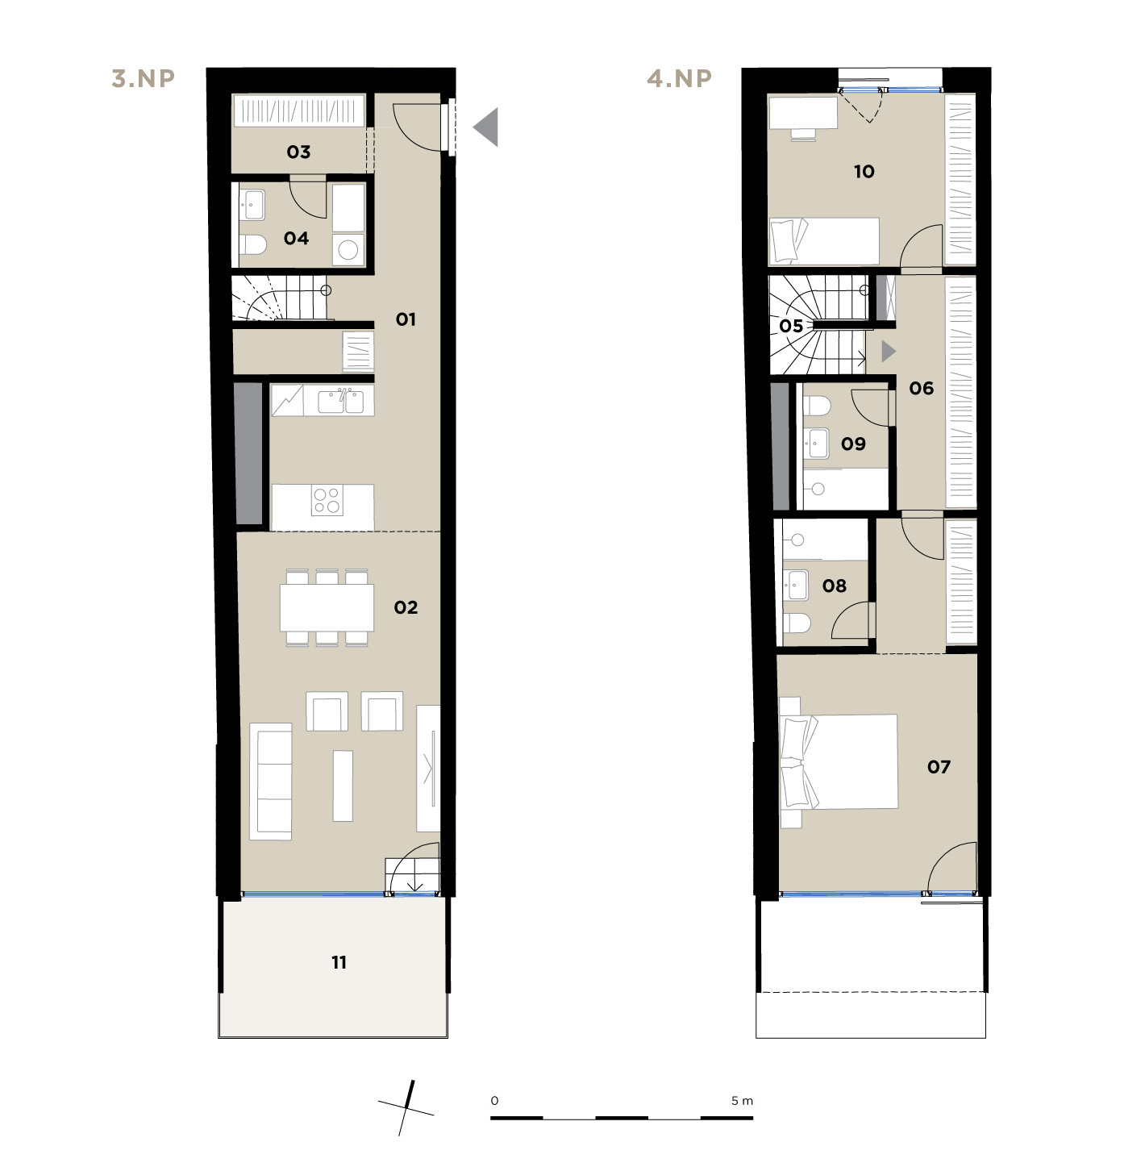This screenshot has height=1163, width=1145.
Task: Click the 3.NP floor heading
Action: [144, 78]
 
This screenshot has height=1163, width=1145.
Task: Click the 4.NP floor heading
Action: [679, 78]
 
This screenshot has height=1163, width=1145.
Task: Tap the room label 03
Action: [299, 152]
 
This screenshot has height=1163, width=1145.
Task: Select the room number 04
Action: [297, 239]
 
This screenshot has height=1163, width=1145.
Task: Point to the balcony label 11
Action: [339, 962]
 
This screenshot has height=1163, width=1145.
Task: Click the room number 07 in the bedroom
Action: [939, 766]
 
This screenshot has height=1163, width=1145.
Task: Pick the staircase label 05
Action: [791, 326]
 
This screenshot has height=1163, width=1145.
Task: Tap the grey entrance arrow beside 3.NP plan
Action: [486, 127]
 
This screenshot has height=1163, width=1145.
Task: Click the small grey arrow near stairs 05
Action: [889, 352]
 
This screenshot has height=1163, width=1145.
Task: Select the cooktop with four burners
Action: [327, 501]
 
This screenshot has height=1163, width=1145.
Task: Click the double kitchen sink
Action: [340, 402]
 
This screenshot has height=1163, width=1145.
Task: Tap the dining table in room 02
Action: [327, 607]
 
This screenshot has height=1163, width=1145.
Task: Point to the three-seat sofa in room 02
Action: [271, 781]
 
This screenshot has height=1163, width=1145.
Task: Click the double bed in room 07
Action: [839, 761]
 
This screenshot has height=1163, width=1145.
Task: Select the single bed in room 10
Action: [824, 241]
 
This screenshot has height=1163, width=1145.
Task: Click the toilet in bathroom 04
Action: [253, 245]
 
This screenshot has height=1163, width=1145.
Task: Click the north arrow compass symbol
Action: [406, 1107]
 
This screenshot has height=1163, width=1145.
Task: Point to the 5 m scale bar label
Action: [742, 1100]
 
